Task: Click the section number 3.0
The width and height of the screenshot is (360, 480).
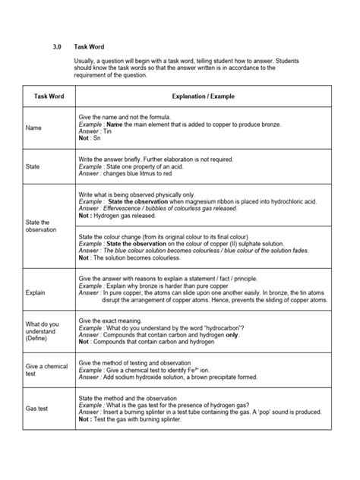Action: click(x=56, y=46)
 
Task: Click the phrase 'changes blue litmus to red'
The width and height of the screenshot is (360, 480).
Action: click(x=143, y=174)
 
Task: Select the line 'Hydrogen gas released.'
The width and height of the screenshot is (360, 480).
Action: click(x=128, y=215)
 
